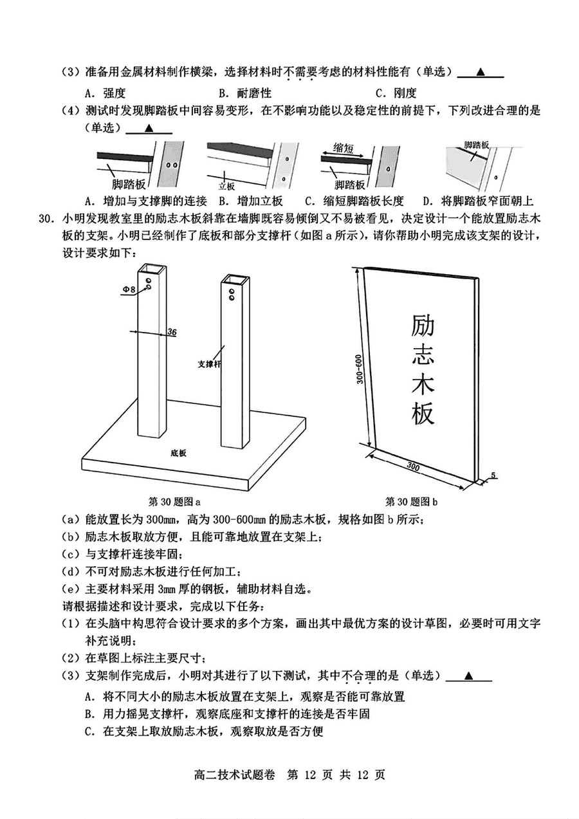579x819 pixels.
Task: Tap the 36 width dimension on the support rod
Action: click(x=172, y=332)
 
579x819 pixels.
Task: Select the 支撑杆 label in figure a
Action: click(x=209, y=364)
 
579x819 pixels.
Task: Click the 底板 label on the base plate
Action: click(x=179, y=453)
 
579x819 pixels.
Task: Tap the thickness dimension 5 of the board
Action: click(x=493, y=475)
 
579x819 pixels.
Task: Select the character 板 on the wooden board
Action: click(x=423, y=415)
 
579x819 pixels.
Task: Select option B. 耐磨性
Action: click(x=244, y=93)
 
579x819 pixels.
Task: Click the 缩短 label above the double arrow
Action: click(x=344, y=147)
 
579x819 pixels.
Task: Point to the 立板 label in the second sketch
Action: click(x=226, y=186)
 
